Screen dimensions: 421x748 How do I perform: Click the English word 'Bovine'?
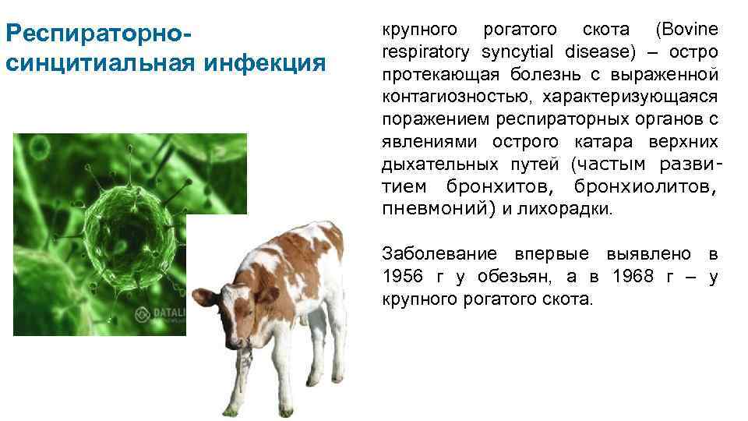[x=687, y=30]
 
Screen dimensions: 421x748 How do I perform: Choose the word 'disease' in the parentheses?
[x=588, y=52]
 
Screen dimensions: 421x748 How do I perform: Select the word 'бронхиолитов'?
[x=645, y=187]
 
